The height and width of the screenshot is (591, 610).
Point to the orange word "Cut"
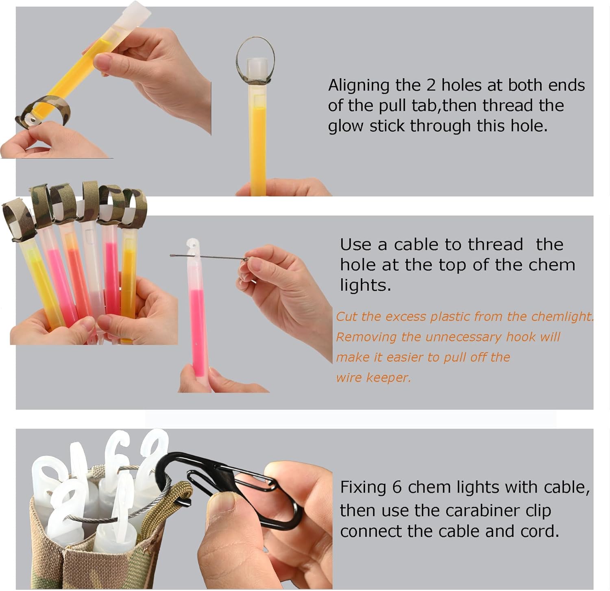tap(346, 316)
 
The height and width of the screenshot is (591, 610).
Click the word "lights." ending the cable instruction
tap(365, 285)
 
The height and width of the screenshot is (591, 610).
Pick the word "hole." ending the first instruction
tap(528, 126)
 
